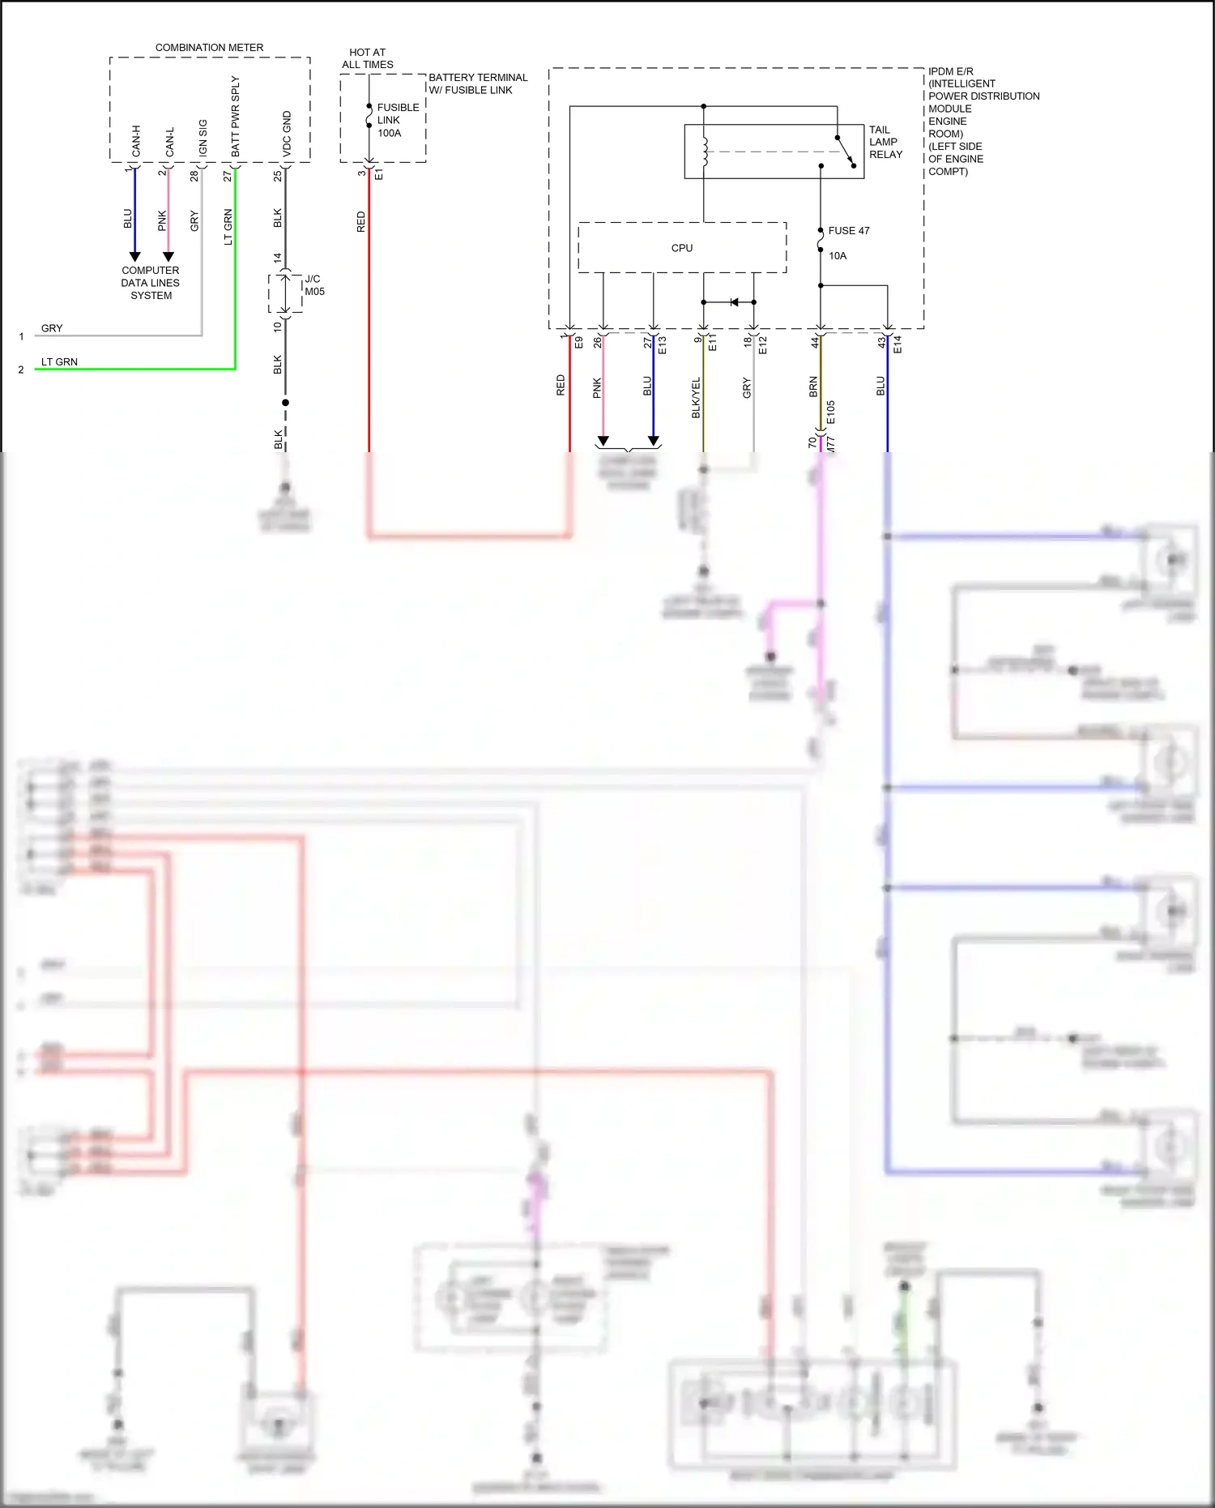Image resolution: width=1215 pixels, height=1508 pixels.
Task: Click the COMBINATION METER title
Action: [x=209, y=48]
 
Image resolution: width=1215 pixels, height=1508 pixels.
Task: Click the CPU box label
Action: [x=681, y=248]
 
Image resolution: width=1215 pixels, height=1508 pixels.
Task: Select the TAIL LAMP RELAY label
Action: [x=885, y=142]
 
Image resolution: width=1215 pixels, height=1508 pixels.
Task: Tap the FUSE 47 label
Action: [x=848, y=231]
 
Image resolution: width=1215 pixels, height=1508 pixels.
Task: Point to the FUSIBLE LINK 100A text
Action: [x=397, y=120]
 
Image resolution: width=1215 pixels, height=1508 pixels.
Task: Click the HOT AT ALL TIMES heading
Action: [x=367, y=58]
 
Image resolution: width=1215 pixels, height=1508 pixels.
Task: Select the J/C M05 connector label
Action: [x=313, y=285]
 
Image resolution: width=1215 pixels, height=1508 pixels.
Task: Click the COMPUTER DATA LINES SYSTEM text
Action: [x=151, y=283]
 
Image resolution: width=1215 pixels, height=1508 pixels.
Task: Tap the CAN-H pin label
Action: [x=136, y=141]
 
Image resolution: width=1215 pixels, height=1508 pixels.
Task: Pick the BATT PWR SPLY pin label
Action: [x=236, y=117]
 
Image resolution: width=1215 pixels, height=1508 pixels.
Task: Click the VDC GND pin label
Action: [x=287, y=134]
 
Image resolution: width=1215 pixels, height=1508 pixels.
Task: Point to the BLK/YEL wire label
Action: [x=696, y=398]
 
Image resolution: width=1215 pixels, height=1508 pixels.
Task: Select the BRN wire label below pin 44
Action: [x=813, y=387]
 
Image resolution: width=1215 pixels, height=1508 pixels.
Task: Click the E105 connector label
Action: [x=831, y=412]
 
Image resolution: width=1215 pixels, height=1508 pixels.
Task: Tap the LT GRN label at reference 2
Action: [x=59, y=362]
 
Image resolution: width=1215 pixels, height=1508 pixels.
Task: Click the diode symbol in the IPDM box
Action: [x=734, y=302]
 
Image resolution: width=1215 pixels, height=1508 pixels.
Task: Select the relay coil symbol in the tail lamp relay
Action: [x=705, y=151]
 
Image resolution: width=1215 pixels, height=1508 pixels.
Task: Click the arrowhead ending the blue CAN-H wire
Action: [x=135, y=257]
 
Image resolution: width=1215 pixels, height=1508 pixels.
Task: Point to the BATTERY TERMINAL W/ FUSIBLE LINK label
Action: [x=477, y=83]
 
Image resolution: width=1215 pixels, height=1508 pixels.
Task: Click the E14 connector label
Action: [x=897, y=344]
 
